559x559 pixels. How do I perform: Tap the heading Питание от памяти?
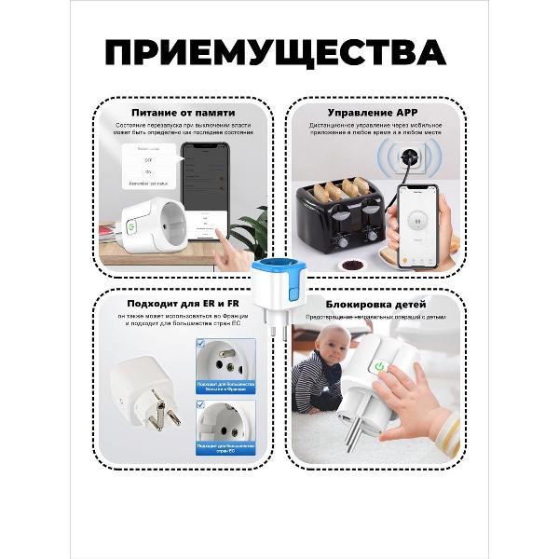click(x=184, y=111)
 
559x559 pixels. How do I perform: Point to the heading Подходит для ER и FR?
click(x=184, y=304)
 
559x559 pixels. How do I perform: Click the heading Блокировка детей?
click(x=375, y=304)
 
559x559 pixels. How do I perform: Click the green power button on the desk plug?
click(x=131, y=225)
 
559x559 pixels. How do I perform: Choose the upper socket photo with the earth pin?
click(x=225, y=362)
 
